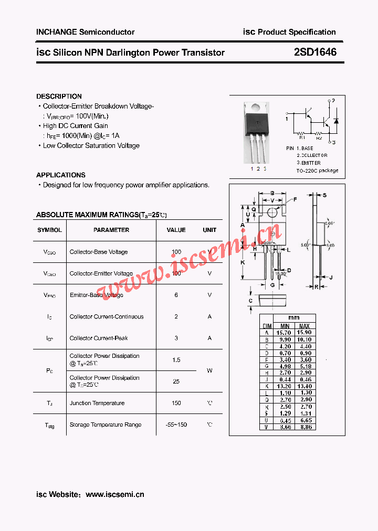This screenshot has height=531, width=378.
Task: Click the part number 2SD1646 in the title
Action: click(315, 52)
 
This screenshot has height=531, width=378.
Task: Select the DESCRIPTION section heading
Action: click(59, 97)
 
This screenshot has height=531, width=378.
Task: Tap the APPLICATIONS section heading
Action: click(61, 175)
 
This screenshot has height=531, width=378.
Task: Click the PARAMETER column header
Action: click(111, 230)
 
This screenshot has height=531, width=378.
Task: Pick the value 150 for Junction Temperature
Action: click(176, 403)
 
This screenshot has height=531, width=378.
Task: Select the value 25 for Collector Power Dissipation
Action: click(176, 381)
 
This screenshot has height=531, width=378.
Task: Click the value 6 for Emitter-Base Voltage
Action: click(176, 295)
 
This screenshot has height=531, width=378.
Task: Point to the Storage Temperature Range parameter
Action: click(106, 424)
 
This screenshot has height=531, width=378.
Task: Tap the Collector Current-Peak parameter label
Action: click(99, 338)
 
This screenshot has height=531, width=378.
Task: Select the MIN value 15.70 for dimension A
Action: click(284, 333)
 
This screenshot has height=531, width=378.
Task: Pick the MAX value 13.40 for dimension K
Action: click(304, 386)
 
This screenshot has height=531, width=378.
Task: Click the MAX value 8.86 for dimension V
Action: click(304, 427)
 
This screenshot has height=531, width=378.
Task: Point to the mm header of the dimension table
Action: click(294, 317)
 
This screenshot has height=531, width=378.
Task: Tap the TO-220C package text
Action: click(317, 171)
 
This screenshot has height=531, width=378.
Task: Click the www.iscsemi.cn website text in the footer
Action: click(114, 494)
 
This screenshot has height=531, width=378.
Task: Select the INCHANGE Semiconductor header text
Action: click(85, 32)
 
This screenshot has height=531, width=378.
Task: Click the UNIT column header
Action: click(209, 230)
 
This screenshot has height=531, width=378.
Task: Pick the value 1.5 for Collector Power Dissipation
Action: click(176, 360)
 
